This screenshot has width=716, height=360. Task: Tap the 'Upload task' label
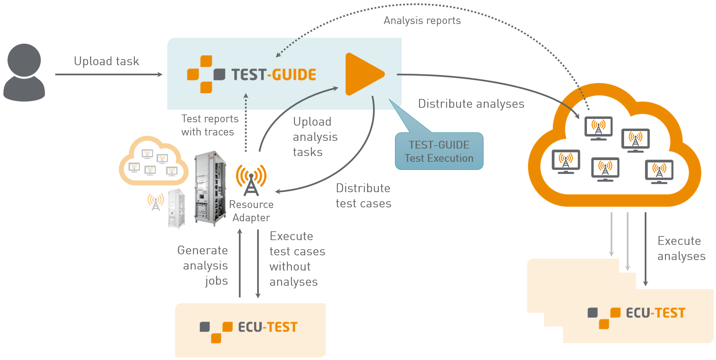[106, 61]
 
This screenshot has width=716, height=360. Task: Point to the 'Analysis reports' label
[422, 21]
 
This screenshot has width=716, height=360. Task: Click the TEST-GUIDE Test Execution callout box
[439, 151]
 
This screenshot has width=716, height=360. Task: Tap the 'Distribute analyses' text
[471, 104]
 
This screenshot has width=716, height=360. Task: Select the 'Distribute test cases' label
[363, 196]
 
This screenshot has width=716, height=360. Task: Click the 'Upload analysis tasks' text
[315, 137]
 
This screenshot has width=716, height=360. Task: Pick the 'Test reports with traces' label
[209, 125]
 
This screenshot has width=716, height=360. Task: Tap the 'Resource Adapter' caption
[251, 211]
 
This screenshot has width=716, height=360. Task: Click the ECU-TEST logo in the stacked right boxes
[637, 314]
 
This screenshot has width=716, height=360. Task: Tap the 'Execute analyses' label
[681, 249]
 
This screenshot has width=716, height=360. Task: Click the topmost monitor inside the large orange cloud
[598, 128]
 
